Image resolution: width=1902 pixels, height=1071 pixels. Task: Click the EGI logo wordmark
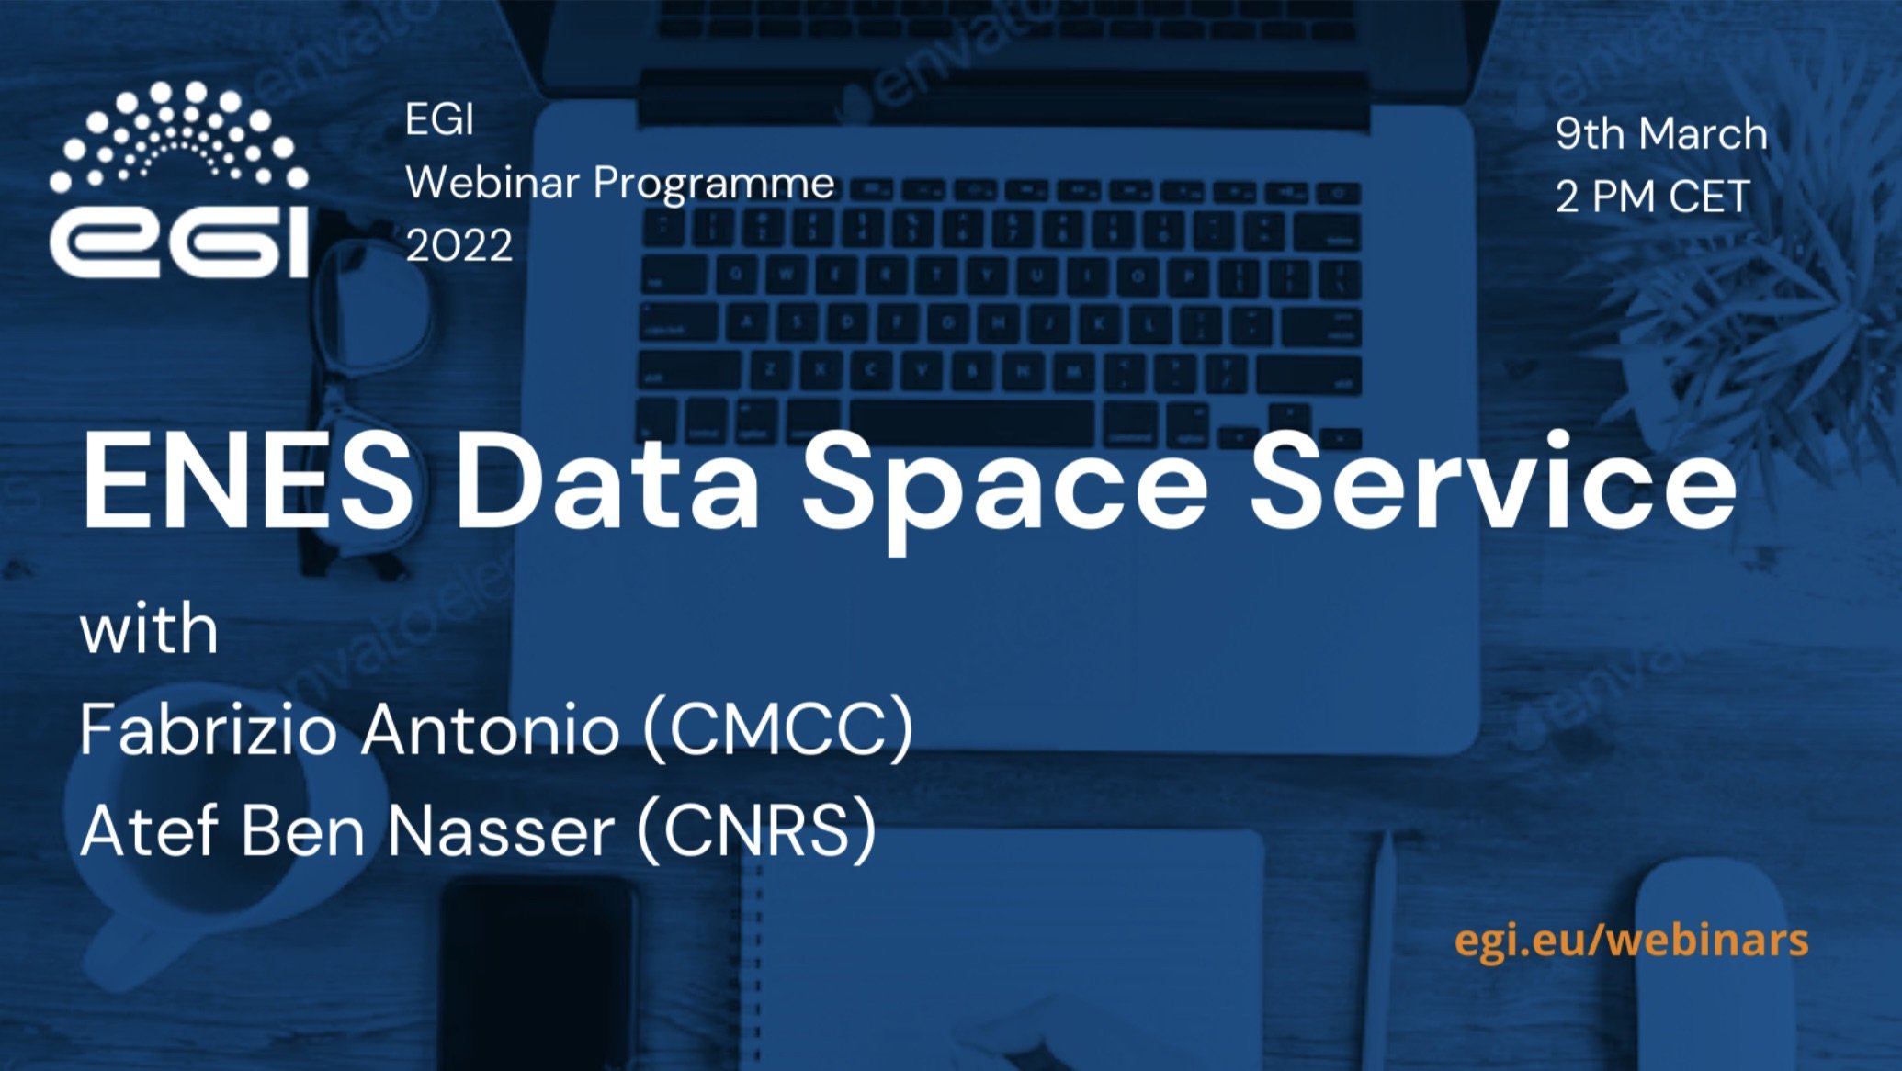pyautogui.click(x=179, y=242)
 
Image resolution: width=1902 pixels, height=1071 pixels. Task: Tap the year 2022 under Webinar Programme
pyautogui.click(x=459, y=245)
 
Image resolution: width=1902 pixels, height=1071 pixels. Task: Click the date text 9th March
pyautogui.click(x=1661, y=134)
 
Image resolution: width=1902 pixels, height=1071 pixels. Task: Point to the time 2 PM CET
pyautogui.click(x=1652, y=197)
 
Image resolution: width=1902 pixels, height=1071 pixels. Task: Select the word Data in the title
pyautogui.click(x=607, y=483)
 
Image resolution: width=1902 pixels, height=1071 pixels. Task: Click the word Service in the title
pyautogui.click(x=1493, y=483)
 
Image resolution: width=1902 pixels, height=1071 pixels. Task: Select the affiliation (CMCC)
pyautogui.click(x=778, y=731)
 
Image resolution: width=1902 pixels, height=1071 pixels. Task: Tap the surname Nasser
pyautogui.click(x=500, y=831)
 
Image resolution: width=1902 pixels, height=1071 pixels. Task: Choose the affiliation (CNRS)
pyautogui.click(x=756, y=832)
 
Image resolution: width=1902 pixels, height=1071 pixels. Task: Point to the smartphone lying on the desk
pyautogui.click(x=540, y=974)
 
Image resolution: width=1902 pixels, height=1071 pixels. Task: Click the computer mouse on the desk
pyautogui.click(x=1715, y=969)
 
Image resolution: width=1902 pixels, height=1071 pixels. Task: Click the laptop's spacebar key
pyautogui.click(x=973, y=423)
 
